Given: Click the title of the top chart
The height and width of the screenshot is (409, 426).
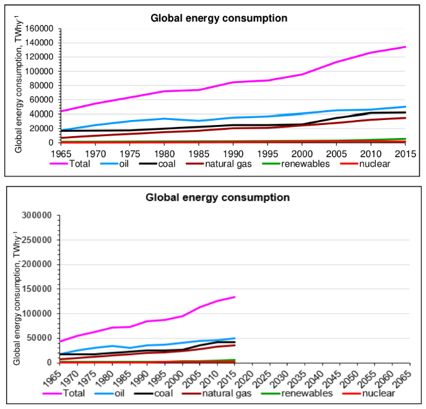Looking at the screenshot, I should pos(219,18).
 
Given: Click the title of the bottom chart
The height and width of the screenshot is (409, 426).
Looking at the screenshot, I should pos(217,198).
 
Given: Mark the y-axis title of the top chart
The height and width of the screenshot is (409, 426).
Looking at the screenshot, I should pos(19,85).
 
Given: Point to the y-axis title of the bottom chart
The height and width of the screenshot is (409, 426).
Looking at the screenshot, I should pos(18,289).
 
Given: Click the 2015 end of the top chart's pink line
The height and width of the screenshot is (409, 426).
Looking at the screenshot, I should pos(405,47).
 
